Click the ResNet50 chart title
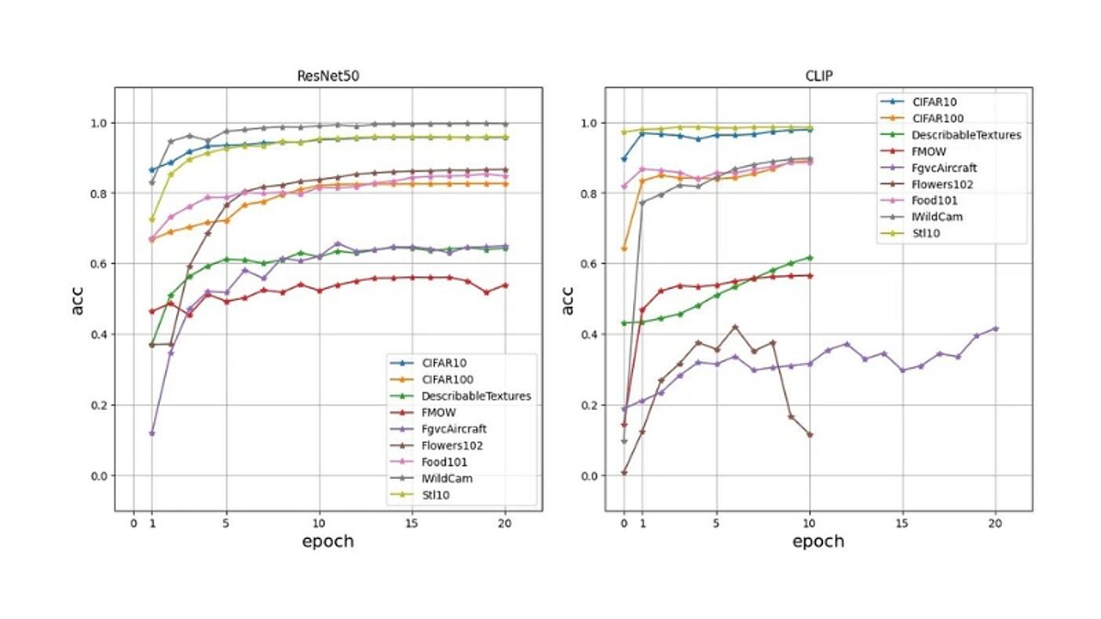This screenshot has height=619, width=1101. point(328,77)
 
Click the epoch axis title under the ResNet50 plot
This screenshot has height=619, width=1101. point(328,541)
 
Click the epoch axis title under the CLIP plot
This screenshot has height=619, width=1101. point(818,541)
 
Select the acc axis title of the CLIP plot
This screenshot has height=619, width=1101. point(569,299)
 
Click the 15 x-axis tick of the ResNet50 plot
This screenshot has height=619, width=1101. point(412,521)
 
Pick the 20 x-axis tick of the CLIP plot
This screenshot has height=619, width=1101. point(995,521)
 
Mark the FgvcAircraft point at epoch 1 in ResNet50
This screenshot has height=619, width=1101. point(151,433)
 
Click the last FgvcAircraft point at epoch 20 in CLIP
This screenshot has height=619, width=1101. point(995,328)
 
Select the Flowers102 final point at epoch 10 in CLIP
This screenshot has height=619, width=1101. point(809,435)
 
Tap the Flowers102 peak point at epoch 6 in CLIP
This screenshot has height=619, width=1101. point(735,326)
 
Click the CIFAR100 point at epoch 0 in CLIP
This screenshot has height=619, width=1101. point(624,249)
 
